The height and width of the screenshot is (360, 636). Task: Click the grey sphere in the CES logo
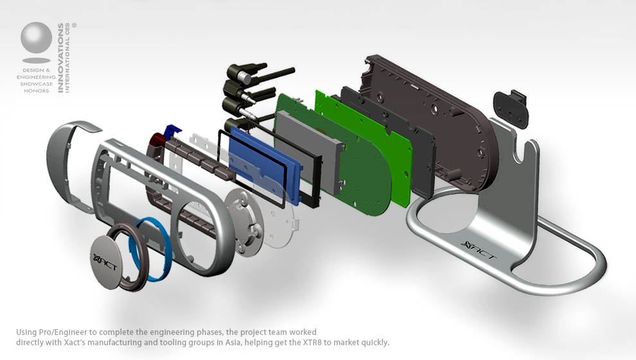click(x=36, y=37)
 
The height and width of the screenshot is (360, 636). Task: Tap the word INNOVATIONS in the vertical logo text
click(x=61, y=58)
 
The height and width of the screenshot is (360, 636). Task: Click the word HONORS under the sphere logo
click(x=36, y=91)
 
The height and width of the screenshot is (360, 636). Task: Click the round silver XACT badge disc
click(x=105, y=262)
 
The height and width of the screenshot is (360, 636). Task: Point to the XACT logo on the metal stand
click(x=479, y=250)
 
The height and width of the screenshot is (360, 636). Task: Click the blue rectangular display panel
click(x=263, y=165)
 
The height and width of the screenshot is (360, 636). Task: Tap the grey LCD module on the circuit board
click(x=309, y=151)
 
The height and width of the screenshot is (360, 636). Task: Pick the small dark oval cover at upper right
click(x=511, y=109)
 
